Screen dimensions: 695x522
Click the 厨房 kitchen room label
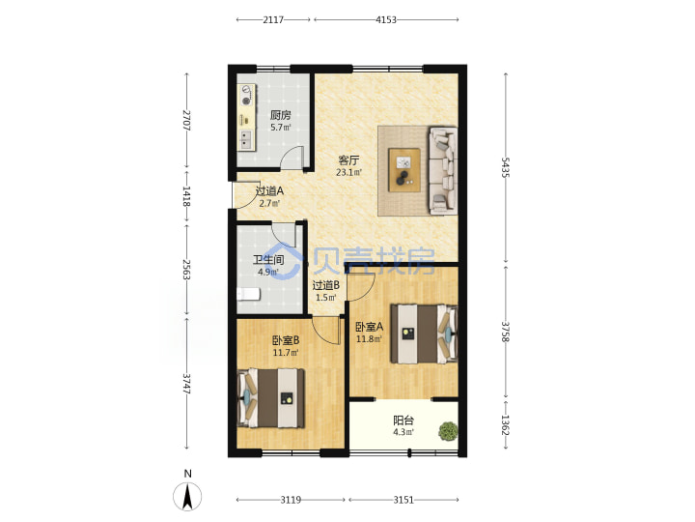pos(281,115)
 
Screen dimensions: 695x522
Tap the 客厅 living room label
pos(348,159)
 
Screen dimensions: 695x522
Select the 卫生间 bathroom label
pos(268,260)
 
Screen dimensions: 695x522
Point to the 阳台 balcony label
pos(403,420)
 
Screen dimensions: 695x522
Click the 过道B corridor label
pos(326,285)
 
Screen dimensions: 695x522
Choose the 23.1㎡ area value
pos(348,172)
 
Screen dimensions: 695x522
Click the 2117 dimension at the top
pos(273,19)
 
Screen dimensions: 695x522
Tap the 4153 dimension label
pos(385,19)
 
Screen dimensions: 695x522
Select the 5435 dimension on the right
pos(505,167)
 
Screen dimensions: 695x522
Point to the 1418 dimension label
pos(186,195)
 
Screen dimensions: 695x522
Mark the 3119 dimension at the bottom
pos(291,500)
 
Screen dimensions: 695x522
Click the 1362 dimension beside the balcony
pos(505,424)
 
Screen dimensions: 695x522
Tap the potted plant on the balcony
pos(448,430)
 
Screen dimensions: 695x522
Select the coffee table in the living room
pos(404,170)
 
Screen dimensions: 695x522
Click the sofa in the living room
pos(443,171)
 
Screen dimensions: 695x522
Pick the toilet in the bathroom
pos(248,294)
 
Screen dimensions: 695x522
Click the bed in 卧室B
pos(271,398)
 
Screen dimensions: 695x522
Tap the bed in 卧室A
pos(424,333)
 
